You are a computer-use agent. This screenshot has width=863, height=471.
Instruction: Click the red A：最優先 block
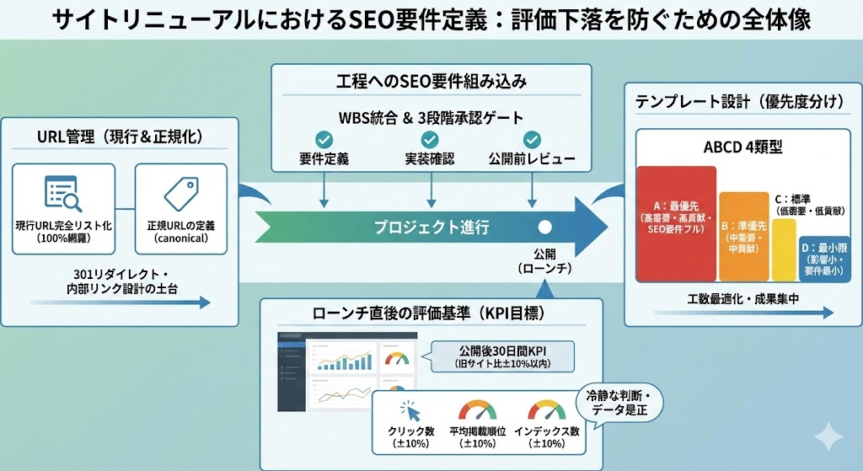[x=677, y=223]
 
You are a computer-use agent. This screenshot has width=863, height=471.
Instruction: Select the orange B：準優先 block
[x=744, y=237]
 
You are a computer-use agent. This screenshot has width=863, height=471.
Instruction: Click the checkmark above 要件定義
[x=324, y=139]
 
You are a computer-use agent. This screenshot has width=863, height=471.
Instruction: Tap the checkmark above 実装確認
[x=431, y=139]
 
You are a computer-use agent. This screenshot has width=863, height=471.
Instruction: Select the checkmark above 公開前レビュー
[x=532, y=139]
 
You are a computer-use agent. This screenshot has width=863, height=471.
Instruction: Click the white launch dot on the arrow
[x=544, y=227]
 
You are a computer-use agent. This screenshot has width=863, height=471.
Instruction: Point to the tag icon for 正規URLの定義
[x=180, y=194]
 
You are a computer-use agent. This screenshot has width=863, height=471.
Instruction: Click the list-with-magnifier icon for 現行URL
[x=63, y=195]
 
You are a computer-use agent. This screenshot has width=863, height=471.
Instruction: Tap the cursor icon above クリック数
[x=410, y=411]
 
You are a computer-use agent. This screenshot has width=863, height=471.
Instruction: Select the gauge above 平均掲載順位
[x=477, y=410]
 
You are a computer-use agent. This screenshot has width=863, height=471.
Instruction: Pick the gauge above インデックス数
[x=546, y=410]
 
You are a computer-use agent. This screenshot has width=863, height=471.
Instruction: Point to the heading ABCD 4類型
[x=742, y=147]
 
